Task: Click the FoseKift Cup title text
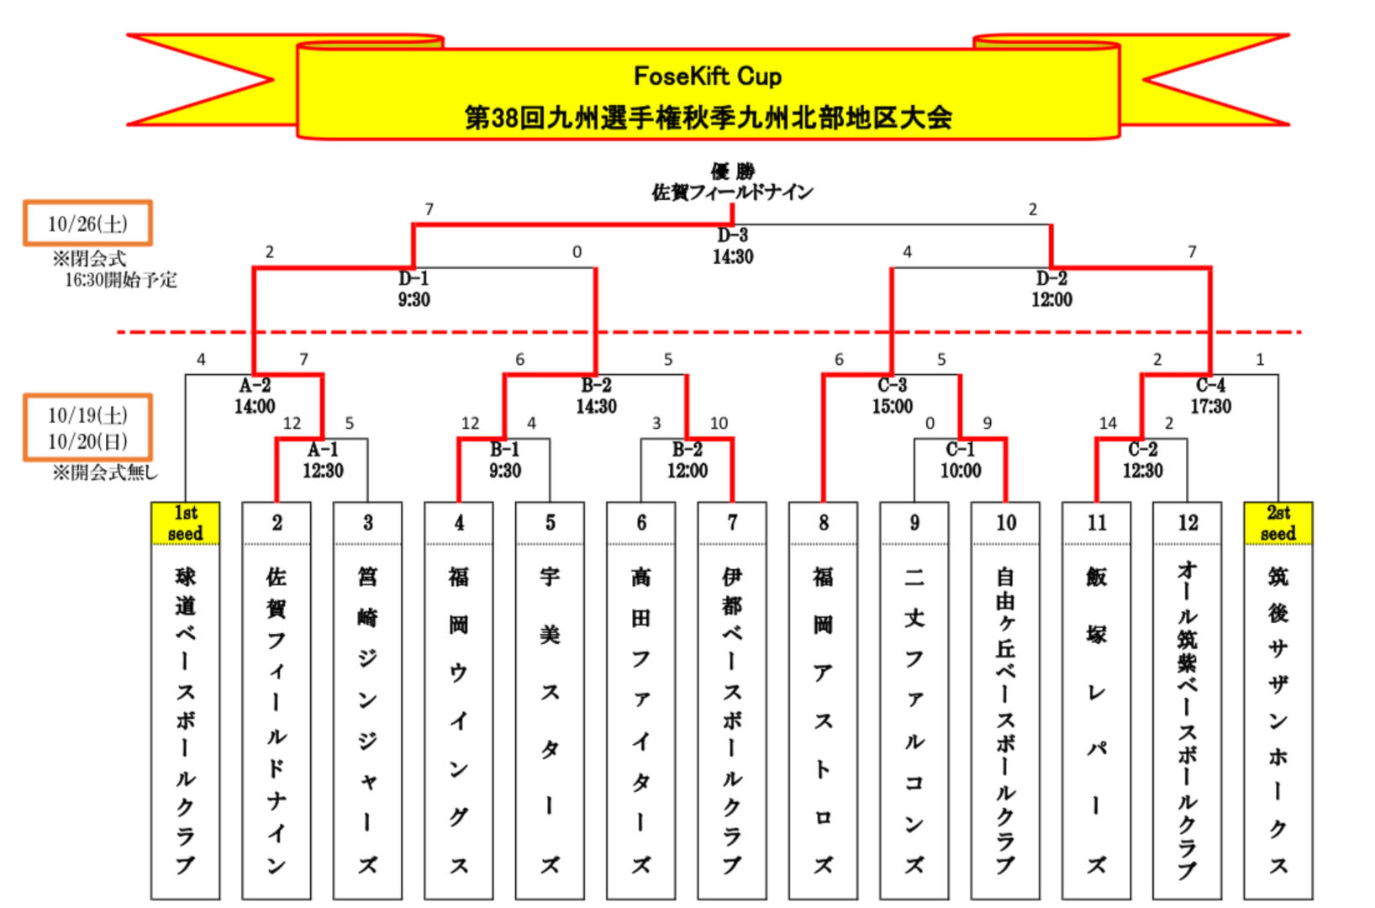[708, 77]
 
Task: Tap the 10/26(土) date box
[87, 224]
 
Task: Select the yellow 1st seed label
[185, 523]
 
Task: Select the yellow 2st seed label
[1278, 523]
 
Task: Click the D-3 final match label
[733, 235]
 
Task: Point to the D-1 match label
[414, 278]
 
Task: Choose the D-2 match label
[1051, 278]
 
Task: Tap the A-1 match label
[323, 450]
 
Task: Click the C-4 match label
[1210, 386]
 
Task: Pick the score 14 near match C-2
[1108, 424]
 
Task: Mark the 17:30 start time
[1210, 407]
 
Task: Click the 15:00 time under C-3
[892, 407]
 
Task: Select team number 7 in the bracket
[732, 523]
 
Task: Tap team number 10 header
[1006, 523]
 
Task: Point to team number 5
[550, 523]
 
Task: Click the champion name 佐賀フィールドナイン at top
[732, 193]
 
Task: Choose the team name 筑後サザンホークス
[1278, 719]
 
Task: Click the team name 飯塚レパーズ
[1096, 719]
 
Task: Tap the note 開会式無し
[105, 472]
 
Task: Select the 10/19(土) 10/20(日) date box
[87, 428]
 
